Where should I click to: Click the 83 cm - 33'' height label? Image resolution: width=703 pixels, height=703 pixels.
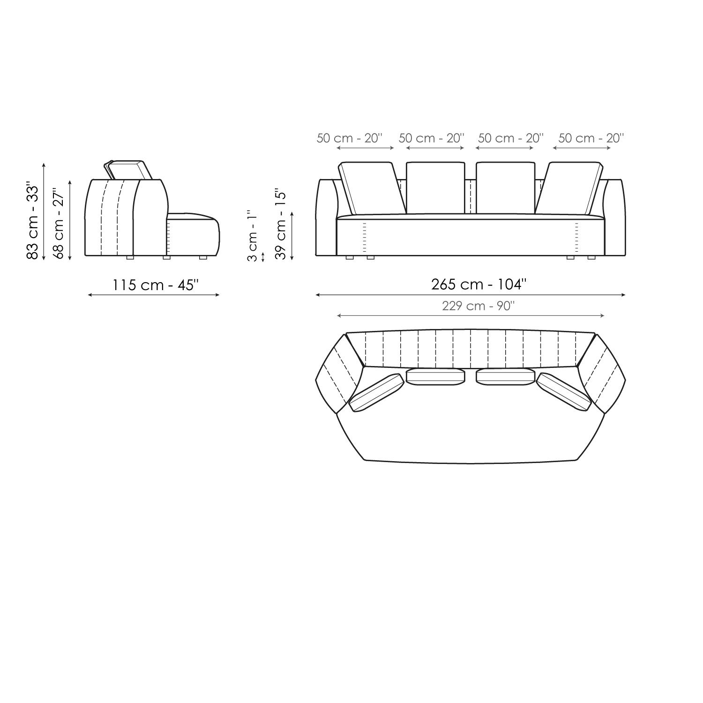point(32,220)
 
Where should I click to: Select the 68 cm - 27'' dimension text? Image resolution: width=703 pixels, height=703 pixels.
point(58,224)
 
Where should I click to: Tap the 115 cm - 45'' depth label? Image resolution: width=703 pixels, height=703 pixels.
point(155,284)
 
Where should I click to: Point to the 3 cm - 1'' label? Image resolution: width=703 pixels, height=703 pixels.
point(252,236)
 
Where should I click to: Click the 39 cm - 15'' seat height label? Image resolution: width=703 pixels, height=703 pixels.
point(281,224)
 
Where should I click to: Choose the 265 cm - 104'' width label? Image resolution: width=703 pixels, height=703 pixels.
point(479,284)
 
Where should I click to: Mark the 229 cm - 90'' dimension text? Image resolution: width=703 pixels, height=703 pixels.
point(478,306)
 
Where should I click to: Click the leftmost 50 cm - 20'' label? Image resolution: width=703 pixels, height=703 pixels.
point(350,138)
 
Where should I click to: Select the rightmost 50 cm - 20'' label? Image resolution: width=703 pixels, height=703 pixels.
point(591,138)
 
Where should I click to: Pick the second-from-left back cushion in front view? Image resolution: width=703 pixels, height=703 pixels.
point(435,187)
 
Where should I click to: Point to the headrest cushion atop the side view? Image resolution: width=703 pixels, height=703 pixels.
point(128,170)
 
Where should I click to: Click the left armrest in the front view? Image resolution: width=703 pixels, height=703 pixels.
point(326,218)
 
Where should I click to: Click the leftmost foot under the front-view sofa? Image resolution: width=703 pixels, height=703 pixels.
point(349,257)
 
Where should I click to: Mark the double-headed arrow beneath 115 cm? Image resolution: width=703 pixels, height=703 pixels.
point(154,295)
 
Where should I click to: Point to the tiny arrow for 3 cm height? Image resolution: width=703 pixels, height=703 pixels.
point(263,257)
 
